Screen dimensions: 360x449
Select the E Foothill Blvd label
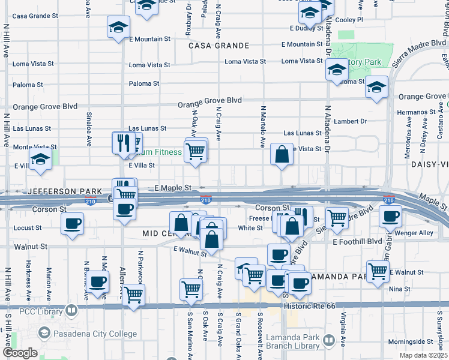pos(357,242)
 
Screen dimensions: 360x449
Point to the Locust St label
pos(31,228)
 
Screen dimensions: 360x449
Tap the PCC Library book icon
pos(72,310)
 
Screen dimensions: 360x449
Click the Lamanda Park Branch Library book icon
pos(329,341)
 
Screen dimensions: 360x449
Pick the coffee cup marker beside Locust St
pos(73,223)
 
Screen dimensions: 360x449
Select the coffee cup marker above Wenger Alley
pos(390,216)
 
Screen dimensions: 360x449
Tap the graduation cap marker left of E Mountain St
pos(118,26)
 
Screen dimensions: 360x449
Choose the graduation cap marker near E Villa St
pos(40,160)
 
